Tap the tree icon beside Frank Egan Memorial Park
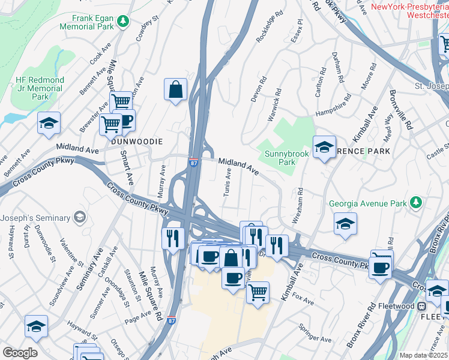(x=123, y=22)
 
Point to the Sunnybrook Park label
(x=280, y=158)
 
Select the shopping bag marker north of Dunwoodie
(x=175, y=90)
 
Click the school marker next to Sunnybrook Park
(x=324, y=148)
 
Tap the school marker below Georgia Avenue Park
(x=345, y=225)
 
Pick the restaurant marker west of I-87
(x=172, y=238)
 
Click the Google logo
(x=20, y=353)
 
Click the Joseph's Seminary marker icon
(x=79, y=217)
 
